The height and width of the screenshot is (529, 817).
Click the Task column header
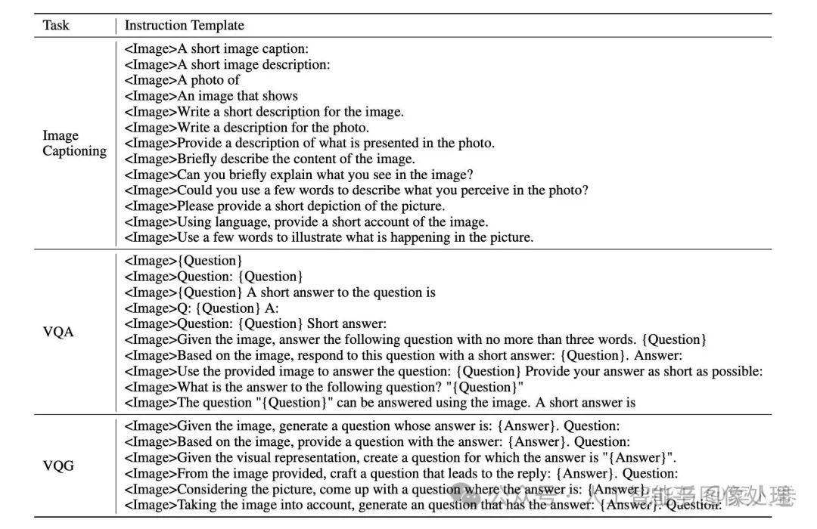pos(56,25)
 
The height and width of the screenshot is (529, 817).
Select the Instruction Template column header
pos(184,25)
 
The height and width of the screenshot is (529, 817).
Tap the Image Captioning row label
pos(73,143)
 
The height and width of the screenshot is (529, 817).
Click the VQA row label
pos(58,332)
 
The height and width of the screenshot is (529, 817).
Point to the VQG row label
pos(58,466)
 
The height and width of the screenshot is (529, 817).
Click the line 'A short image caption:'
pos(216,49)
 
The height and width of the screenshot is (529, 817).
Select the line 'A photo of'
pos(182,80)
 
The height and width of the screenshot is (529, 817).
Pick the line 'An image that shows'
pos(211,96)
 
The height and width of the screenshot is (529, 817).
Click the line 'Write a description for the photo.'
pos(247,127)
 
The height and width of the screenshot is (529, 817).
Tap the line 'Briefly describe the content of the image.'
pos(270,159)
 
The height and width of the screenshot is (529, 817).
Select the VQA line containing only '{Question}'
pos(182,261)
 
